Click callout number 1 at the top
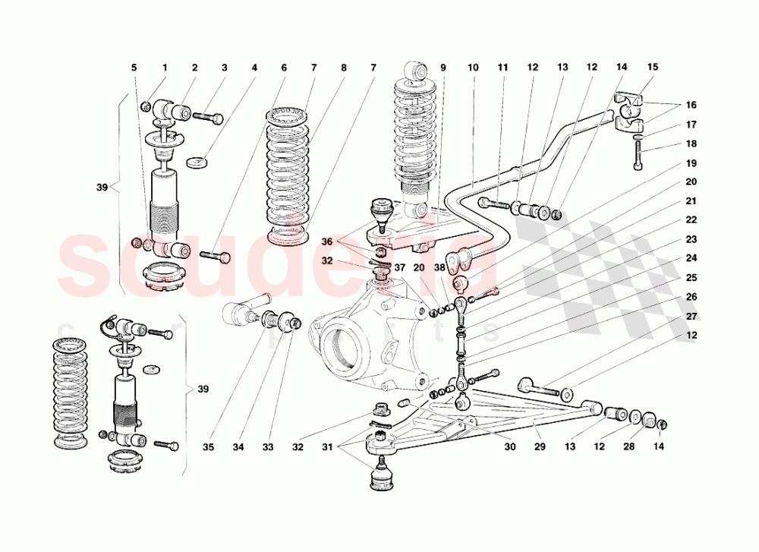[164, 68]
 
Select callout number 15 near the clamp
[653, 68]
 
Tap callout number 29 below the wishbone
[538, 448]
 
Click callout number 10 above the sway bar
[473, 68]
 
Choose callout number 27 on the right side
[691, 317]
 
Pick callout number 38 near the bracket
[439, 267]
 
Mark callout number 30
[509, 448]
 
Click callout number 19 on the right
[691, 163]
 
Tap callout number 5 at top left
[134, 68]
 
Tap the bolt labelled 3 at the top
[208, 117]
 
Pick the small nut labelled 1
[146, 106]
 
